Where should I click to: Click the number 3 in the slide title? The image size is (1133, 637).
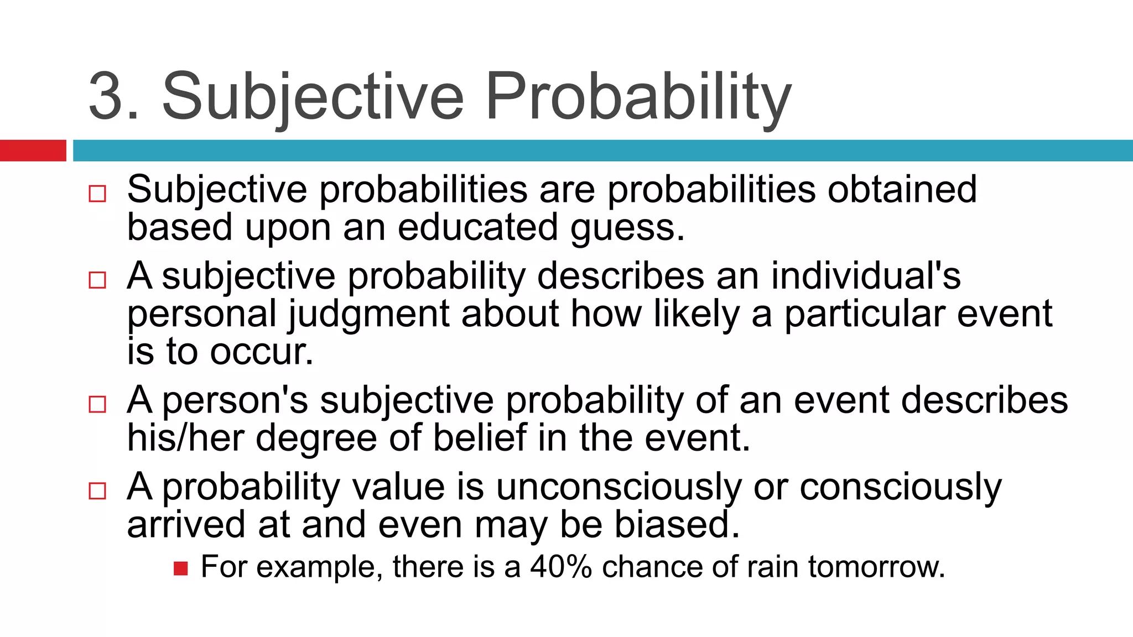106,96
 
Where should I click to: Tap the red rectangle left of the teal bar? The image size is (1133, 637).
33,150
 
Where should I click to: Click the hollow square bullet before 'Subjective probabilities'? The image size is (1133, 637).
97,194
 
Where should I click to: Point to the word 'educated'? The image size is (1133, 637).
477,227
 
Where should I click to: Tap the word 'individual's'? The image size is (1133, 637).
866,275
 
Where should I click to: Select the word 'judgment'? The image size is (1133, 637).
369,314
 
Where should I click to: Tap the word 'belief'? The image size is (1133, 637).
479,438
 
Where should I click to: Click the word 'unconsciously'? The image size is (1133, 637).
618,488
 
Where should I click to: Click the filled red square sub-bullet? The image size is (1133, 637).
180,568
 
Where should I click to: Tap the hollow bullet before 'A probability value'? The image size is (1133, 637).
97,490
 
